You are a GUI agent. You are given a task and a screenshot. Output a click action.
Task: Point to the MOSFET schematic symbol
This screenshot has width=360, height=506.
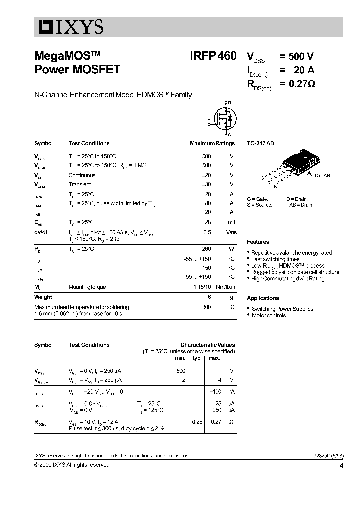[x=223, y=119]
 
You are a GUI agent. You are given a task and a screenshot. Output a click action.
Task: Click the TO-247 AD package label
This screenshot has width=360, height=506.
[x=260, y=143]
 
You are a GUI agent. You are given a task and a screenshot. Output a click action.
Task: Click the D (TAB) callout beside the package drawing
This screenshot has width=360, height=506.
[x=323, y=175]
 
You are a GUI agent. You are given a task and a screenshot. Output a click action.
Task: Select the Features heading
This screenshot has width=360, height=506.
[x=258, y=242]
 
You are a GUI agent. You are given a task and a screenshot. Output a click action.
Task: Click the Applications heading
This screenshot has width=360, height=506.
[x=263, y=298]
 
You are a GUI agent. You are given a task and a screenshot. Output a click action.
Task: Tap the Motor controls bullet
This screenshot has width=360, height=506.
[x=268, y=315]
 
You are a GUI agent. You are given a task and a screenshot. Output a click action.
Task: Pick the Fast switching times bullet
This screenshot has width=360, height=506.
[x=275, y=259]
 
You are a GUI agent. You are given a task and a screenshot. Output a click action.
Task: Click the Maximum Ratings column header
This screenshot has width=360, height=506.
[x=212, y=143]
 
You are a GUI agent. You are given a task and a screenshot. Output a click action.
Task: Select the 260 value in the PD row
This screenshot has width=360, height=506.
[x=206, y=249]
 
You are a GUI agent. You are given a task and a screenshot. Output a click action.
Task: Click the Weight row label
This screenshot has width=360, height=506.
[x=43, y=297]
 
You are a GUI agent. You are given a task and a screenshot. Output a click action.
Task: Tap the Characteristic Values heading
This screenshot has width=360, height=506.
[x=207, y=345]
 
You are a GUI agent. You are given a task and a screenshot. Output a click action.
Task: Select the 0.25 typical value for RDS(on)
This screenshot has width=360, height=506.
[x=197, y=422]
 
